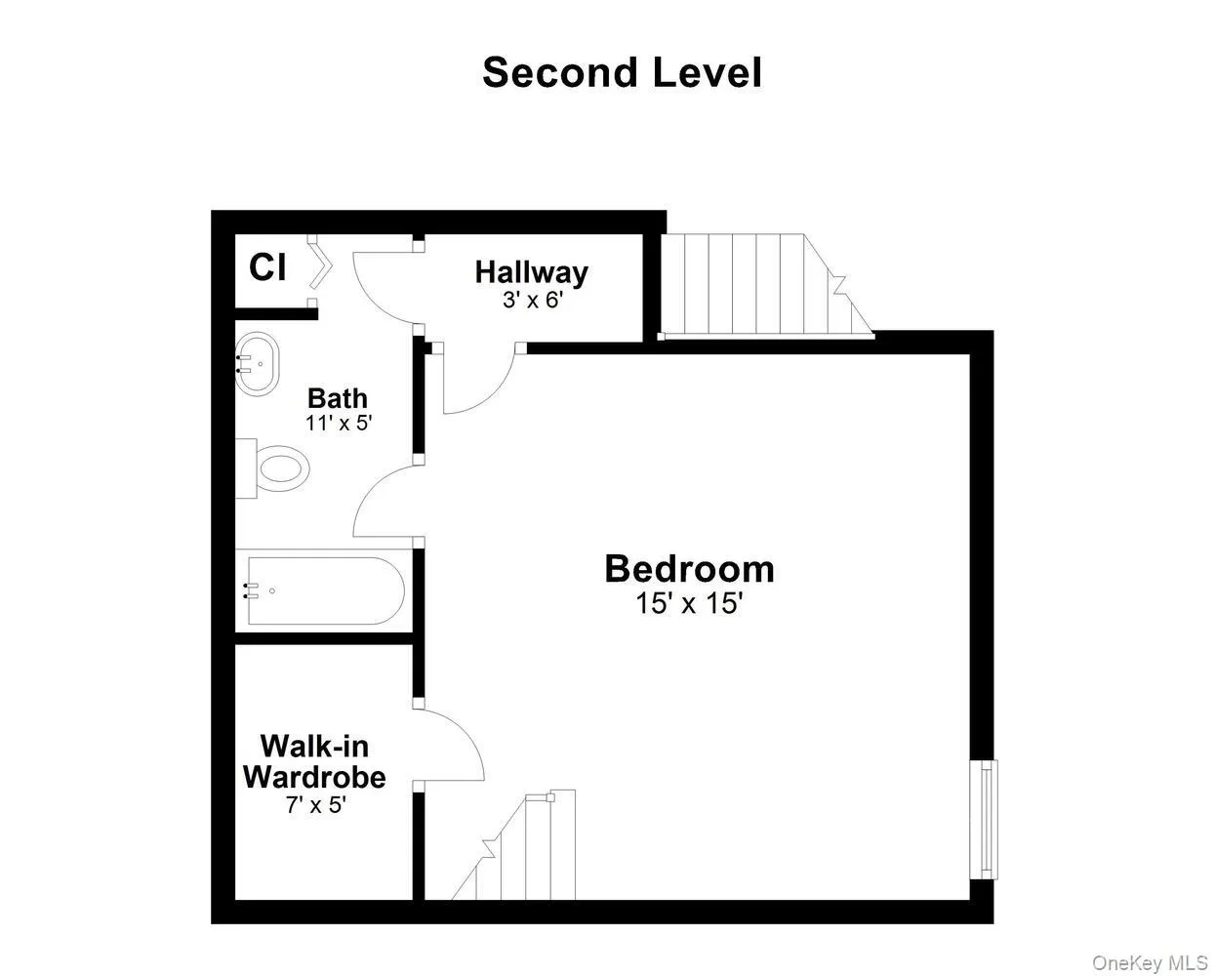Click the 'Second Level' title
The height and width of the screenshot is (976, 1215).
(622, 73)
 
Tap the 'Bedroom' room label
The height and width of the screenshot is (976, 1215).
(689, 568)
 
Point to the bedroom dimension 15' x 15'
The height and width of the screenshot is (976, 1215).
(689, 604)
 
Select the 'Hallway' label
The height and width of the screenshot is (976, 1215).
(532, 271)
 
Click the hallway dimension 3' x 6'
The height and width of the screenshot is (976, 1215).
(533, 300)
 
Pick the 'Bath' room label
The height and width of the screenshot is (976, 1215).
(338, 398)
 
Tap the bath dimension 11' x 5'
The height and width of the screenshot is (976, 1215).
(339, 424)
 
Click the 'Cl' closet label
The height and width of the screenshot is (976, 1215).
(266, 267)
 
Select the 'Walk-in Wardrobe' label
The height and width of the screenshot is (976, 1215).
(314, 762)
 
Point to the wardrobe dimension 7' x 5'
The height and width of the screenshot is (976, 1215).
(313, 806)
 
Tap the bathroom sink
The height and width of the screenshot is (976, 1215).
(258, 364)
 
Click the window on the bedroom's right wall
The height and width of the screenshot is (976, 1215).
(988, 818)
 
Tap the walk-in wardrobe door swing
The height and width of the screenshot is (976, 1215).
(450, 744)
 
